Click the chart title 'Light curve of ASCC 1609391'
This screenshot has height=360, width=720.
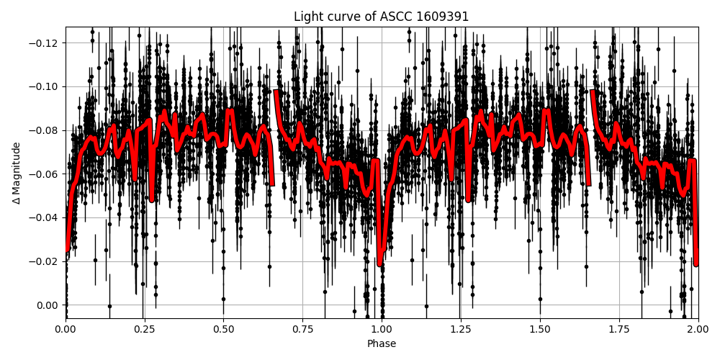pos(382,17)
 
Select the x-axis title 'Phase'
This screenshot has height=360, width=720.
pos(382,344)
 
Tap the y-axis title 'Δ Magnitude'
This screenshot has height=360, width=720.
pos(17,173)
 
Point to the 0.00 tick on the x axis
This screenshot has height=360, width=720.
pos(66,330)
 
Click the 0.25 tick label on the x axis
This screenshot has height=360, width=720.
pos(145,330)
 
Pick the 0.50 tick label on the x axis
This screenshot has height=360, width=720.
pos(224,330)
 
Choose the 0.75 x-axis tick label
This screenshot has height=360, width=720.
pos(302,330)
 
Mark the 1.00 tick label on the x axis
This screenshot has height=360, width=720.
pos(382,330)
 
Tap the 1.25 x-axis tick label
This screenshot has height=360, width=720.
pos(461,330)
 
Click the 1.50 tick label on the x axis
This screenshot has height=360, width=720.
pos(540,330)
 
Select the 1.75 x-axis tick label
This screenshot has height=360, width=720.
pos(619,330)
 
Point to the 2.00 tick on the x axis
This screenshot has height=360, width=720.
pos(698,330)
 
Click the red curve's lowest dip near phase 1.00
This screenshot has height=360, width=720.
pos(380,264)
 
